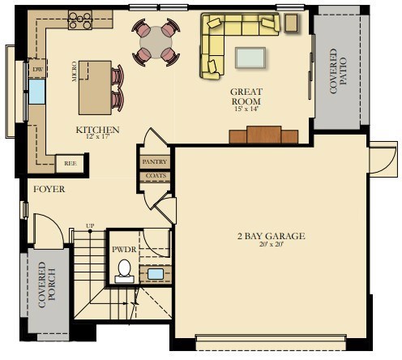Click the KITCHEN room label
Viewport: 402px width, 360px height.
click(x=97, y=130)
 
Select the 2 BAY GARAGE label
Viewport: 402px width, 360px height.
click(x=270, y=236)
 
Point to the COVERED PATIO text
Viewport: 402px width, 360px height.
click(x=338, y=71)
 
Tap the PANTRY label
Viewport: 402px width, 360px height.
click(x=153, y=162)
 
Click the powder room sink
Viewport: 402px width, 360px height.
click(x=155, y=274)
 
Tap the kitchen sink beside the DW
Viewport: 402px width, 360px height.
click(x=36, y=92)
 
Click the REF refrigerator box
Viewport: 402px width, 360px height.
click(x=70, y=163)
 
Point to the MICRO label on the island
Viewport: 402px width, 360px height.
click(x=74, y=75)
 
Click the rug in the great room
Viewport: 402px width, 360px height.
click(x=250, y=58)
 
